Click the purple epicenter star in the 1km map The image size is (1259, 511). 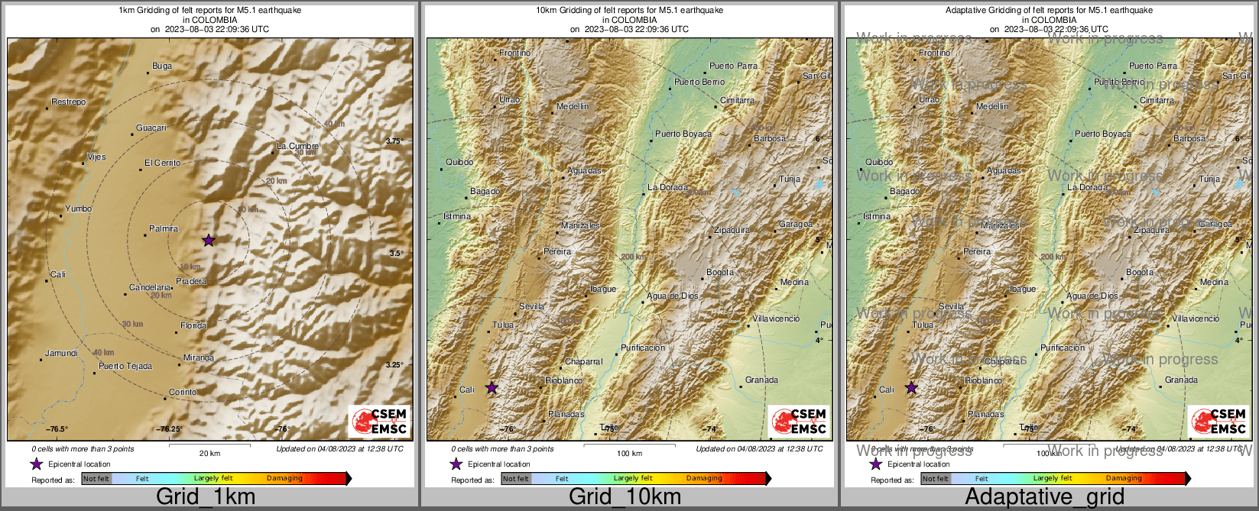click(209, 241)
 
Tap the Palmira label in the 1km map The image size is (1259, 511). click(164, 228)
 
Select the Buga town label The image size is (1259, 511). click(162, 66)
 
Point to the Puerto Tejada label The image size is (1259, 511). click(125, 366)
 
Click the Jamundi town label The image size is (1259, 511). click(61, 353)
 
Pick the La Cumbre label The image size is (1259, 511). click(297, 146)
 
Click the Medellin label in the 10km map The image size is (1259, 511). click(573, 106)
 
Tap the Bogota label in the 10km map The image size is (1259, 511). click(720, 272)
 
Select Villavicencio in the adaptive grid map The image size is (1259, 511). click(1196, 319)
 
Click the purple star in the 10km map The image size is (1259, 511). click(492, 388)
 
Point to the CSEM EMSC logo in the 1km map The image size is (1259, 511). click(379, 421)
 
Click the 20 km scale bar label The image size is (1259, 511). click(209, 453)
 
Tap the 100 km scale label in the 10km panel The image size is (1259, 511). click(629, 453)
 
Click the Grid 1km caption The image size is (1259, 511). click(206, 496)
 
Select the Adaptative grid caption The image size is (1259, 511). click(1044, 496)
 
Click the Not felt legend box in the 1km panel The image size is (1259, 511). click(96, 479)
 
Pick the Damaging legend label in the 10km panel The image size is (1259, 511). click(704, 478)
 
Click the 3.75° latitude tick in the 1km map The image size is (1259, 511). click(394, 141)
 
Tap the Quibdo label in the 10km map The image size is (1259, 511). click(459, 162)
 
